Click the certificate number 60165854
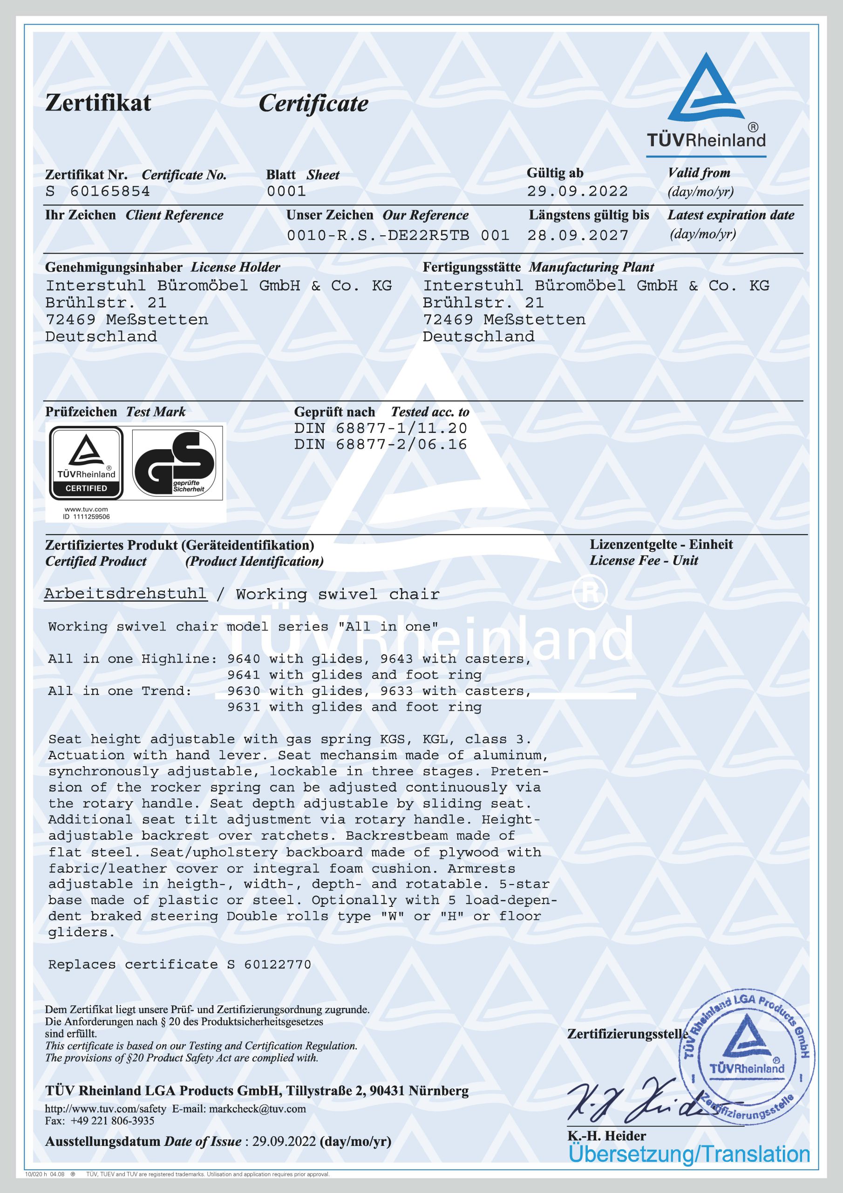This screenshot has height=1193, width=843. pos(109,192)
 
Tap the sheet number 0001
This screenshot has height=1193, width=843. pos(286,192)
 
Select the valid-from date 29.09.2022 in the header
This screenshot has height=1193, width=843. pos(577,192)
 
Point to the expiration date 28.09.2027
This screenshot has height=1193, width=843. pos(578,236)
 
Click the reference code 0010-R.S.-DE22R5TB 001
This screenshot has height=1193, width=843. pos(398,236)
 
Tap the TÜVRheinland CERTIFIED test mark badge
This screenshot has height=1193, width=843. pos(86,462)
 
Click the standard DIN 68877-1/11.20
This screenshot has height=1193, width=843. pos(380,429)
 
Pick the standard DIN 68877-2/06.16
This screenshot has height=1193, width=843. pos(380,445)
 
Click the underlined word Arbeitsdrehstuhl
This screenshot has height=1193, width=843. pos(125,594)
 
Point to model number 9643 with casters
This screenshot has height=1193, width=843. pos(396,659)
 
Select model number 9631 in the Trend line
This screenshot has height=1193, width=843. pos(244,707)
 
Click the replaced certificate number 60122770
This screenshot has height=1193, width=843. pos(278,965)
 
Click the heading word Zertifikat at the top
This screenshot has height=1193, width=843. pos(98,103)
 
